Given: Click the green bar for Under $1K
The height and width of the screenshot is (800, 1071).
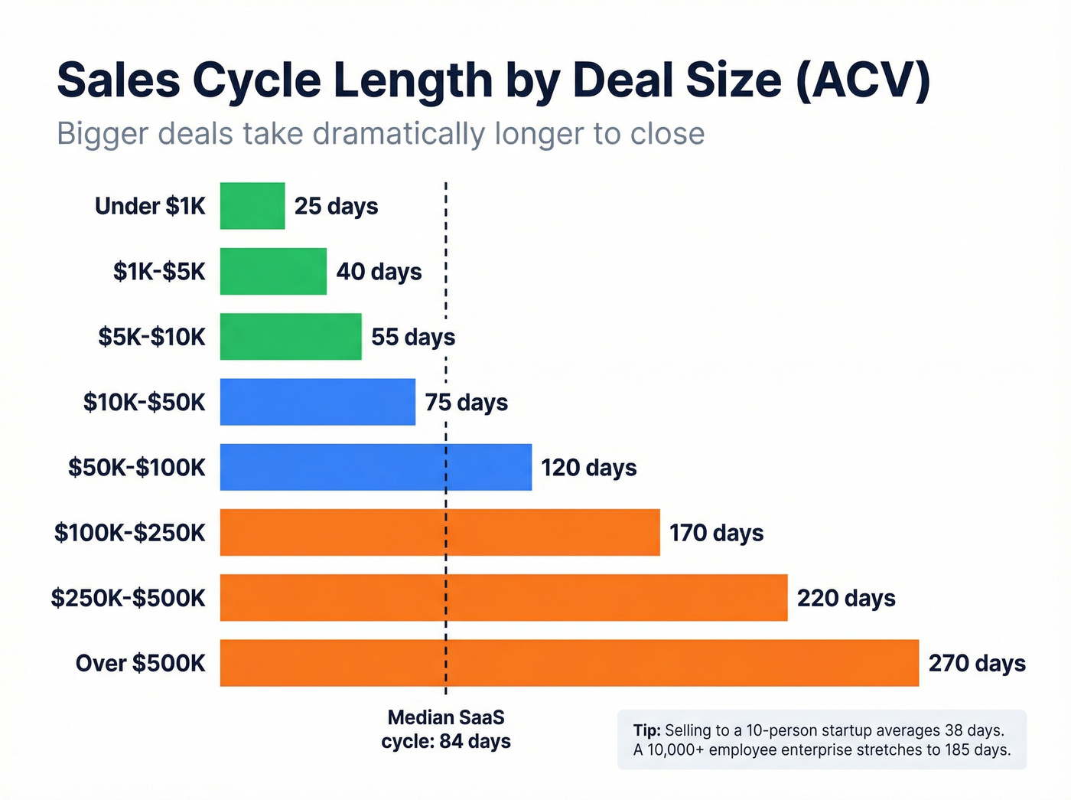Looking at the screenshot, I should (x=252, y=206).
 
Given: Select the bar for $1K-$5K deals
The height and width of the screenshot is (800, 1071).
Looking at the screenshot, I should (x=273, y=271).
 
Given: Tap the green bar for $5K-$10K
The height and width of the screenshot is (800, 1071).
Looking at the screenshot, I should (x=291, y=337).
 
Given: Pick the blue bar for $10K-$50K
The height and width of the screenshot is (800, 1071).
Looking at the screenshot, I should (x=317, y=402).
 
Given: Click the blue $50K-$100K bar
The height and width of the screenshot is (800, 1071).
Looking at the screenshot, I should (x=376, y=467).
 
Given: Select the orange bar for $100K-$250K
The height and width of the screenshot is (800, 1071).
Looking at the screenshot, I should (x=440, y=532).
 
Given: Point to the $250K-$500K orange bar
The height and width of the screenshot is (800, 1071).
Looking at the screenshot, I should (x=503, y=598).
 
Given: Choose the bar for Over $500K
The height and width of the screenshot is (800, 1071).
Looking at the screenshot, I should (x=569, y=663).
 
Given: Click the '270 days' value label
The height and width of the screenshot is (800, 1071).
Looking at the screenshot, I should (x=977, y=663).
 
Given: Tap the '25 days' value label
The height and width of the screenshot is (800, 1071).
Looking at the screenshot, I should (x=337, y=206).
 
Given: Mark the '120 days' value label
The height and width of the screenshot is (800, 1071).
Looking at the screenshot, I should (x=589, y=467).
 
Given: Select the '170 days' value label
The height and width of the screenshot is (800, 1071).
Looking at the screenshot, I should (x=717, y=533).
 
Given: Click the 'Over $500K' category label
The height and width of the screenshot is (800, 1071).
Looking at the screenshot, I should (x=141, y=663).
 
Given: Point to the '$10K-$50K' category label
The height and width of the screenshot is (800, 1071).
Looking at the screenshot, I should (x=145, y=402).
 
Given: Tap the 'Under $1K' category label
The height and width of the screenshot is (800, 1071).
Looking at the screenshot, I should (x=151, y=206).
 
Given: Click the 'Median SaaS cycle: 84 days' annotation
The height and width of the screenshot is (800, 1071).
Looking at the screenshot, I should (x=446, y=730).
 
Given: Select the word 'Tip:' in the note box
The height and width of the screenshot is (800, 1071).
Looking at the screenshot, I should (x=647, y=730).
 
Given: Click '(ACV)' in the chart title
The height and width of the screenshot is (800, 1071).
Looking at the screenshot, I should (x=863, y=80).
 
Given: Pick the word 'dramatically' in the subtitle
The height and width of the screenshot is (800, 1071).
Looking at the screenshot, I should (x=399, y=134).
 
